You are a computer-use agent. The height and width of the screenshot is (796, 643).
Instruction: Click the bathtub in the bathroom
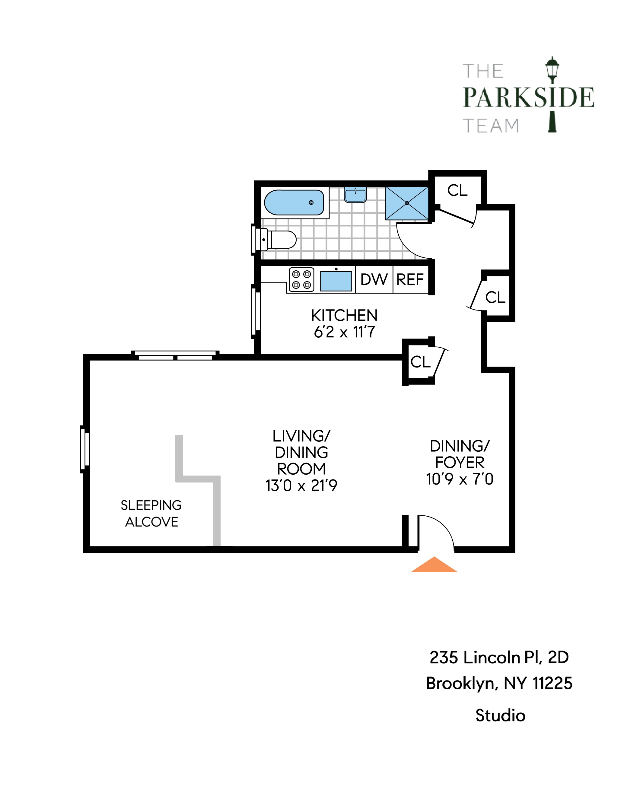click(294, 202)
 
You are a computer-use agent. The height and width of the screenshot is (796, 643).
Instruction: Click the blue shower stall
click(407, 203)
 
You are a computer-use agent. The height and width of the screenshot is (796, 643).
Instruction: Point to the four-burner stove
click(301, 280)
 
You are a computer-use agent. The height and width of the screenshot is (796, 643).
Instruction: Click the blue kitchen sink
click(336, 281)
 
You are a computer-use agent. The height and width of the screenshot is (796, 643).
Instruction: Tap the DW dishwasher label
click(374, 280)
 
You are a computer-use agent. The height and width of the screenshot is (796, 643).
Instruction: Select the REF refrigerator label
click(410, 280)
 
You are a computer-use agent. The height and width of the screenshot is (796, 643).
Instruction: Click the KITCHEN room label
click(344, 316)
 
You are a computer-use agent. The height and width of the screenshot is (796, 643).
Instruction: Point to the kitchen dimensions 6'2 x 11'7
click(344, 332)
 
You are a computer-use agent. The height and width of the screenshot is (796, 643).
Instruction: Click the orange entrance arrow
click(434, 565)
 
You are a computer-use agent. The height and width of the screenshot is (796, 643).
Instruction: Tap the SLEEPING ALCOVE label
click(151, 513)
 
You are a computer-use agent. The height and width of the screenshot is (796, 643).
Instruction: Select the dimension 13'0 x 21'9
click(301, 486)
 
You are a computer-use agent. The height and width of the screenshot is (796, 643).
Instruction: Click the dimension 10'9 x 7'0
click(459, 479)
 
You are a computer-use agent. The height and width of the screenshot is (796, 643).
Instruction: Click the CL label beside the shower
click(457, 190)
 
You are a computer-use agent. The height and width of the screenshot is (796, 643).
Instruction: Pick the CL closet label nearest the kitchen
click(420, 362)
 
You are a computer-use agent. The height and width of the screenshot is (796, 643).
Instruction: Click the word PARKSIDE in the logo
click(528, 97)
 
